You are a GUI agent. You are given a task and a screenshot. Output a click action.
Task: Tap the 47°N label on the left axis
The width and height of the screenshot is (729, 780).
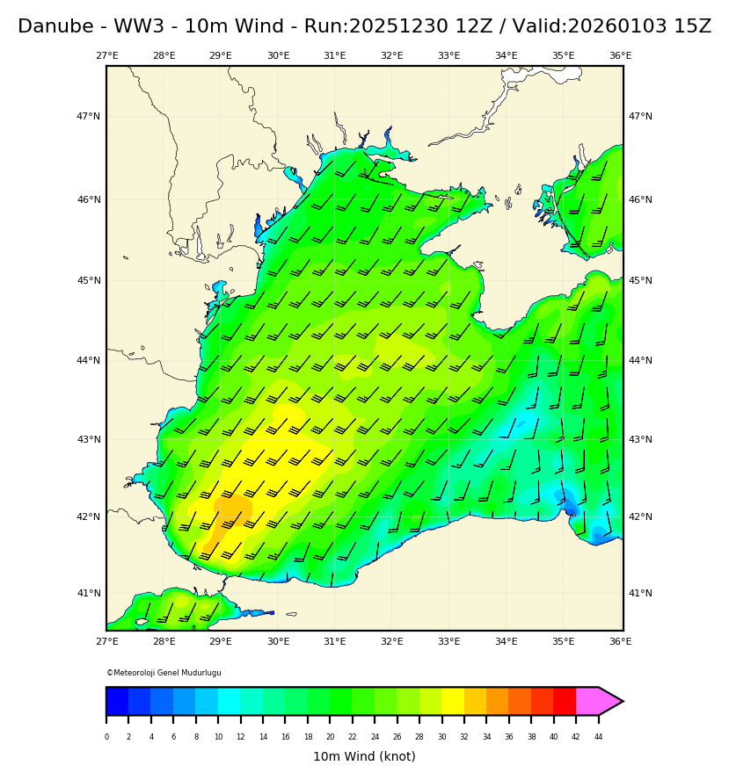[88, 116]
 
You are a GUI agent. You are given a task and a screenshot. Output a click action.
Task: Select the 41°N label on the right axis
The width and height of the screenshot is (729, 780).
[640, 593]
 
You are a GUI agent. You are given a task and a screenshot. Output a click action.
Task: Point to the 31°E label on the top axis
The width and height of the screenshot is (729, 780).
[335, 56]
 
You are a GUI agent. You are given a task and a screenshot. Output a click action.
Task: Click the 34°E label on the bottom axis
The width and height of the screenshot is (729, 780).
[506, 642]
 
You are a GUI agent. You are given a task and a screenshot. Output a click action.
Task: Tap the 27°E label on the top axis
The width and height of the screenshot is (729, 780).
[107, 56]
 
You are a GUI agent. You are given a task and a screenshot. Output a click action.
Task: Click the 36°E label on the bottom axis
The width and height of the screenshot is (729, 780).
[620, 642]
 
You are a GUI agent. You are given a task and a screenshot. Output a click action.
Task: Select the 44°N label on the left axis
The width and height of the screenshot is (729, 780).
[88, 360]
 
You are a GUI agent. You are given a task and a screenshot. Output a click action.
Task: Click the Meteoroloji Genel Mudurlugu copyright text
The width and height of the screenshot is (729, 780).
[164, 673]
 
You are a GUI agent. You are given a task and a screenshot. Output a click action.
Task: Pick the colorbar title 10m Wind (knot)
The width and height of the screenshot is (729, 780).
[364, 756]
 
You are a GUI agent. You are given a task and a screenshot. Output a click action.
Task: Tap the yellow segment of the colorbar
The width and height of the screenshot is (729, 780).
[453, 701]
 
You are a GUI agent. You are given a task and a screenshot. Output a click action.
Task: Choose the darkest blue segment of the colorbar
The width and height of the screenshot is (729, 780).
[117, 701]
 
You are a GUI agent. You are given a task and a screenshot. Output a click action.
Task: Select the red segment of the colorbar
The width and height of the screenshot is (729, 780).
[565, 701]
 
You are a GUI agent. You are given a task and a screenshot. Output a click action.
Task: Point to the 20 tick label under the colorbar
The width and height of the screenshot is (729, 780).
[330, 737]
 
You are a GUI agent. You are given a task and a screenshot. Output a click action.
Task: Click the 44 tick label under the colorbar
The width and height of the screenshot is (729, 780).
[598, 737]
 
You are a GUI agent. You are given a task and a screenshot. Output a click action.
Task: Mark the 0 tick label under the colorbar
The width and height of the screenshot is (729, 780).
[106, 737]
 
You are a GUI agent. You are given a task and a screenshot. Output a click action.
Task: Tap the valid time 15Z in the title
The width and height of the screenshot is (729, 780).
[693, 27]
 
